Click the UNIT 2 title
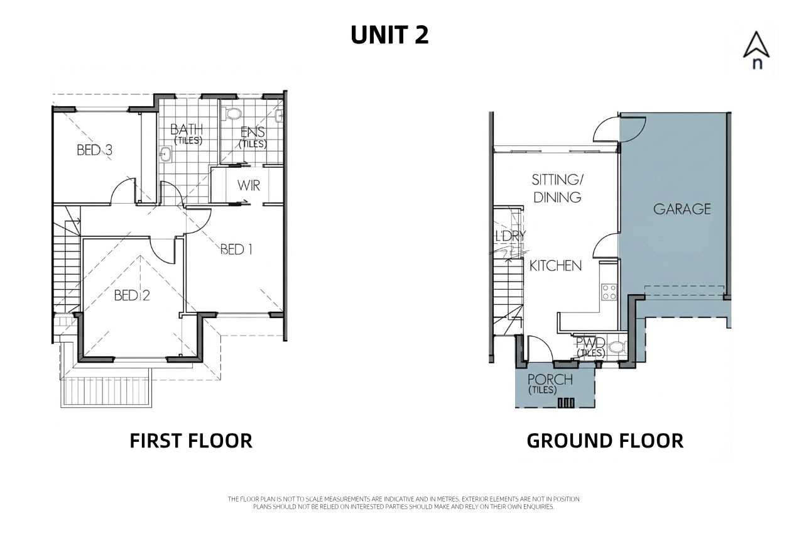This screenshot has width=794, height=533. tap(389, 35)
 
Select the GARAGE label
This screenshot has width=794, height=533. tap(682, 209)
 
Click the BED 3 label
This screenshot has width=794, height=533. tap(95, 150)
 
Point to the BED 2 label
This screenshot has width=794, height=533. tap(132, 295)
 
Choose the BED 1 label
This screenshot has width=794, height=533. tap(236, 250)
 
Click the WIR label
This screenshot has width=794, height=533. tap(249, 185)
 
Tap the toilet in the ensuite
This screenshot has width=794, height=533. tap(232, 113)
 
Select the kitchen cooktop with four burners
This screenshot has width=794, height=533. tap(609, 292)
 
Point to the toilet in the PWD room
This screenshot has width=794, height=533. tap(617, 346)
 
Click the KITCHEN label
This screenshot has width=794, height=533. tap(555, 266)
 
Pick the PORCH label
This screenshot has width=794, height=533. tap(550, 380)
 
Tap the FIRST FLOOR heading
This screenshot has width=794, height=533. tap(191, 441)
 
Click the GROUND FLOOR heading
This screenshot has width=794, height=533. tap(605, 441)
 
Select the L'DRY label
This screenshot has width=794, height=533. tap(510, 236)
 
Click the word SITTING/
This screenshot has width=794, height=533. tap(557, 180)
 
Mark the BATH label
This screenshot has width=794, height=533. tap(187, 129)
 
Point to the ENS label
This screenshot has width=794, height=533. tap(253, 132)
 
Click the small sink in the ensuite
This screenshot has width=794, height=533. tap(280, 116)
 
